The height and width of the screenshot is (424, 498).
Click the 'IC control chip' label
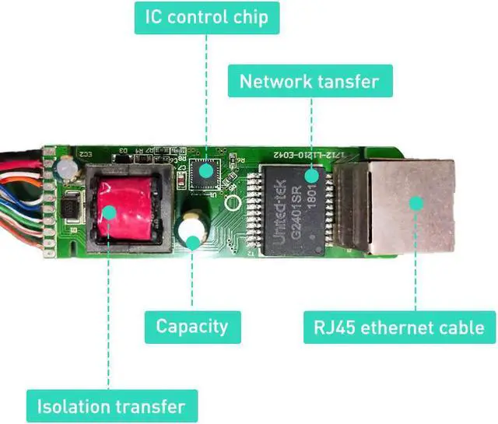click(x=205, y=16)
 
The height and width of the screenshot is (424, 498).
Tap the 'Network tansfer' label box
click(x=310, y=81)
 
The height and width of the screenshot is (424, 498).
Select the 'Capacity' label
click(x=191, y=326)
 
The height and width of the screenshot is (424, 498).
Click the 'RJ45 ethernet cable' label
click(x=399, y=326)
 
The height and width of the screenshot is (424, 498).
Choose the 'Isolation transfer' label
click(x=111, y=406)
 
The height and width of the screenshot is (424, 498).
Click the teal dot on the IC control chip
click(x=205, y=171)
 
